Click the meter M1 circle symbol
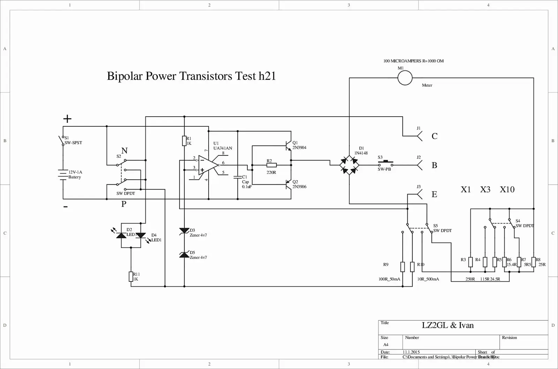tap(405, 78)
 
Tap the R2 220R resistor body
tap(271, 165)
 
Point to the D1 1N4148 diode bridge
tap(349, 165)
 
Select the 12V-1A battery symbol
tap(63, 175)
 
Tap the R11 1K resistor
tap(131, 276)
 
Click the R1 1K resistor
tap(184, 141)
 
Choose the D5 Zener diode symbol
tap(184, 254)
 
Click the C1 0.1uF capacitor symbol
tap(238, 177)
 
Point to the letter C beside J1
tap(435, 136)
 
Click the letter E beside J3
tap(434, 194)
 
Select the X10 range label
tap(507, 190)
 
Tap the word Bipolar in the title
tap(125, 76)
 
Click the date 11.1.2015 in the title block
tap(411, 352)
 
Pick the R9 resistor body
tap(402, 267)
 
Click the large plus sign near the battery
tap(67, 119)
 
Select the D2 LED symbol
tap(121, 235)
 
